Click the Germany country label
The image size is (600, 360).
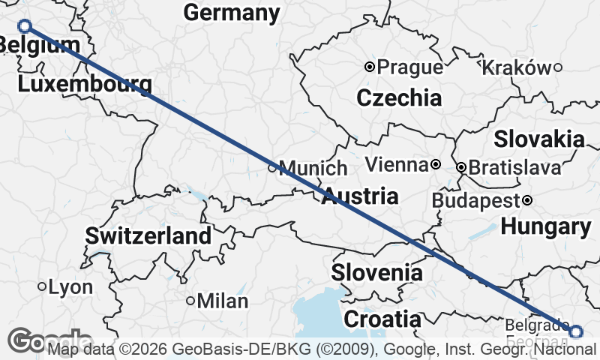pos(232,13)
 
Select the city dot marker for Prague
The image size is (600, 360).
pos(369,67)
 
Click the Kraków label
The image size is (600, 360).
pos(516,67)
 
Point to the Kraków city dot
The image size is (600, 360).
pos(558,67)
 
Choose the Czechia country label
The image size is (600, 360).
pos(399,97)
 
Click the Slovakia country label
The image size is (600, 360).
pos(538,139)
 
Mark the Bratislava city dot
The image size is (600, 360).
pos(461,167)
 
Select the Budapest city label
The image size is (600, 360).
pos(476,200)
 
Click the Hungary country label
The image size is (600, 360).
pos(546,226)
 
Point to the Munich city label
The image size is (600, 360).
pos(313,168)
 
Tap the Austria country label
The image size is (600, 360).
pos(360,197)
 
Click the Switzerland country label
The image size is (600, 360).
pos(148,235)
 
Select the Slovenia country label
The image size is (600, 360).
pos(377,272)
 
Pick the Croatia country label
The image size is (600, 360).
pos(382,319)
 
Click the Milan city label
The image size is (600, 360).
pos(223,301)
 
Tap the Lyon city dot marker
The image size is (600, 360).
pos(43,286)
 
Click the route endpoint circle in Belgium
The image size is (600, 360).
pos(25,26)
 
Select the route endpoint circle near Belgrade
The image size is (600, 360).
pos(575,331)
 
